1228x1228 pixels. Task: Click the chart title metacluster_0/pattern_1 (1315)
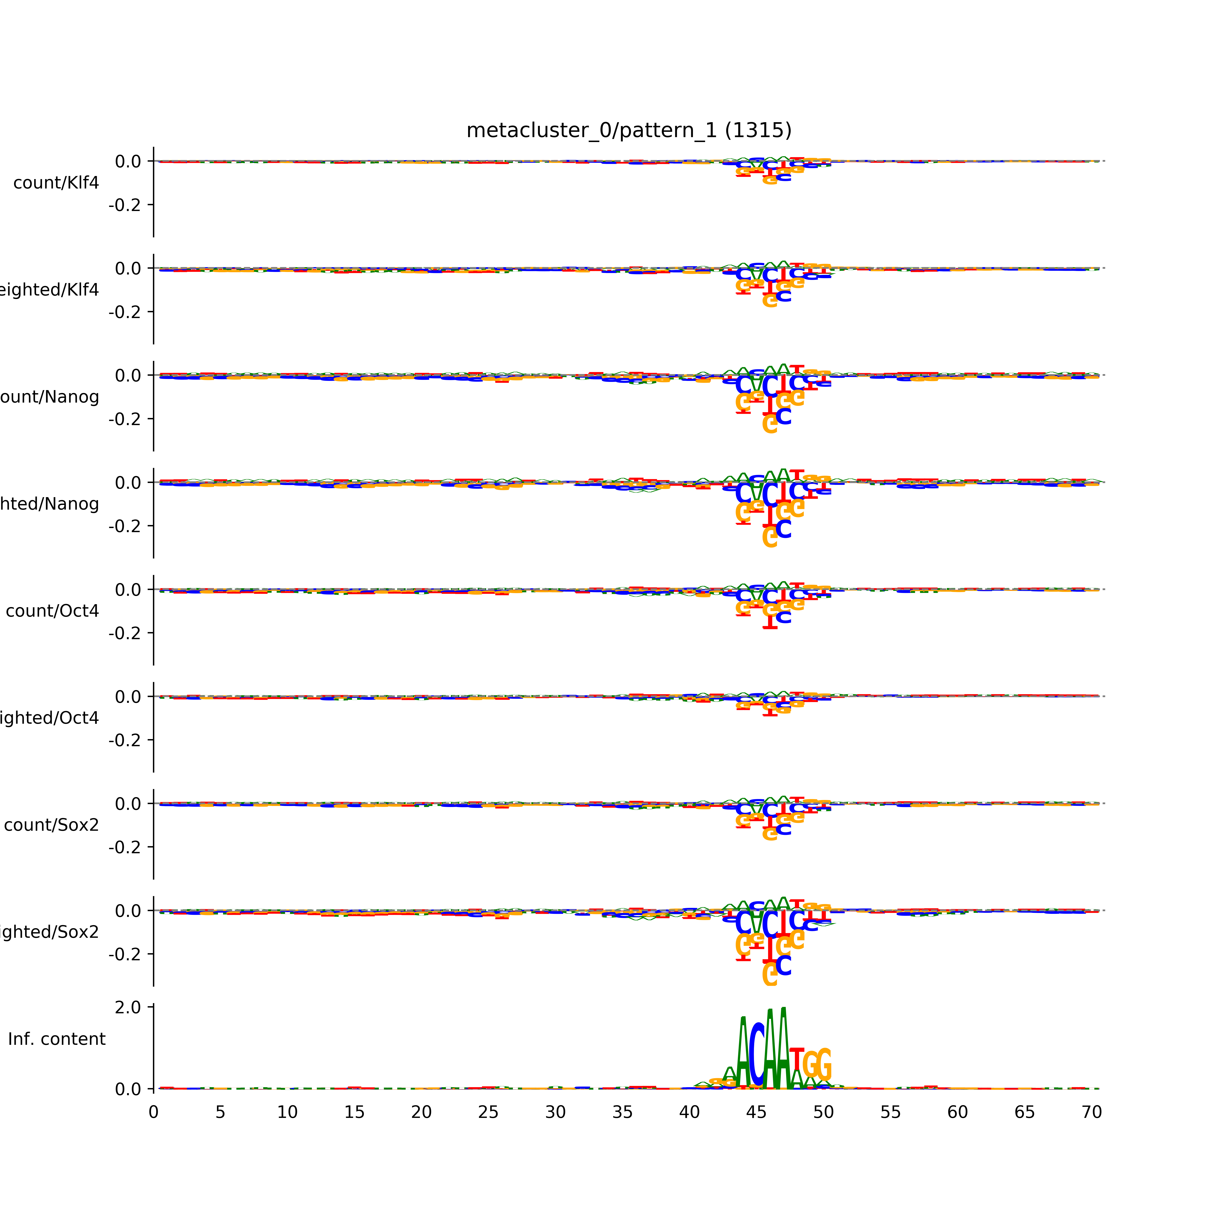click(629, 130)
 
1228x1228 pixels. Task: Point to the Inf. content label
click(56, 1039)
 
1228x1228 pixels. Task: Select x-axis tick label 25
click(488, 1112)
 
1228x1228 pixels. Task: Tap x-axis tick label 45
click(756, 1112)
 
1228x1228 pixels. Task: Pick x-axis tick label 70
click(1091, 1112)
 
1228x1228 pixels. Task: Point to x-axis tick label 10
click(287, 1112)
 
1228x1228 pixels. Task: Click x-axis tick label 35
click(622, 1112)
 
